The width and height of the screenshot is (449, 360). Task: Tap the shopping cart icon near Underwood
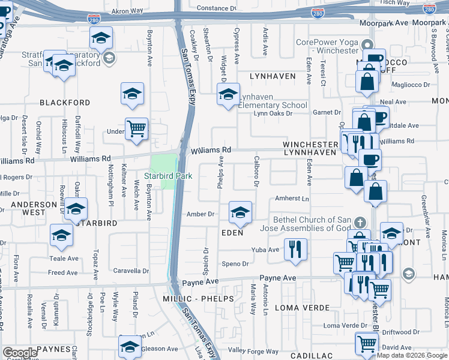[x=137, y=128]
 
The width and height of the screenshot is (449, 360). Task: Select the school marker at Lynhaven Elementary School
[x=228, y=95]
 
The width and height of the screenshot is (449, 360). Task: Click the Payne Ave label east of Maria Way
[x=278, y=278]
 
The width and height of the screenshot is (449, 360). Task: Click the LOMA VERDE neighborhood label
[x=303, y=308]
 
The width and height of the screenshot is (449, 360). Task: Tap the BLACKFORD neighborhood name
[x=65, y=103]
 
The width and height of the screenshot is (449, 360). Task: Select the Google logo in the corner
[x=20, y=353]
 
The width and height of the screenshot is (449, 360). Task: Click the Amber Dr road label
[x=200, y=214]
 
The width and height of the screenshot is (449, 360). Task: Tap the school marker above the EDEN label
[x=240, y=212]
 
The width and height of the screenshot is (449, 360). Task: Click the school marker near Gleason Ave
[x=130, y=346]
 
